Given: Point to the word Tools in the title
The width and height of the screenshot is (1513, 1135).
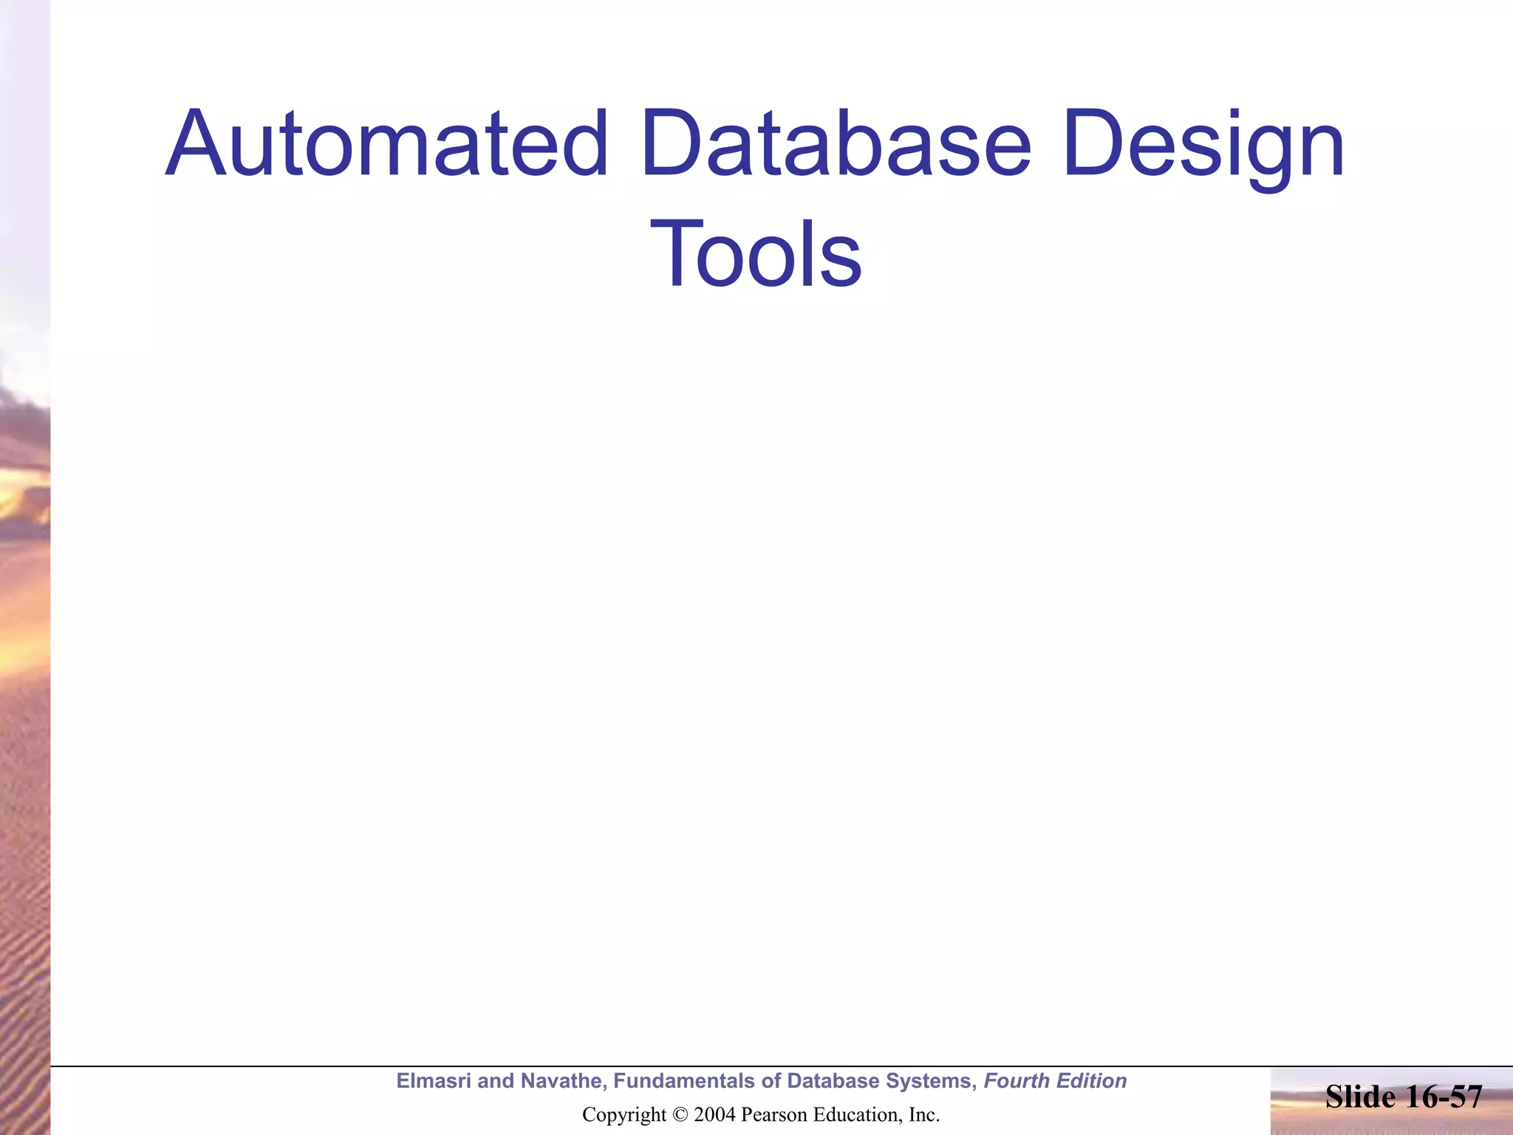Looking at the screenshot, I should [755, 255].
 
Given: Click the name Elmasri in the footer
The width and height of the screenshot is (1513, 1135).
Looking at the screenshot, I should [433, 1081].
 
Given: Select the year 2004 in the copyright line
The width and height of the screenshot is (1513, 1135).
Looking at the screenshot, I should [714, 1115].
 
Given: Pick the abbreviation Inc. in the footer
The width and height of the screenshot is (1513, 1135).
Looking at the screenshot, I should [923, 1115].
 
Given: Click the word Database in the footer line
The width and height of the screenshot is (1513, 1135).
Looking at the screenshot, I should [833, 1081].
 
